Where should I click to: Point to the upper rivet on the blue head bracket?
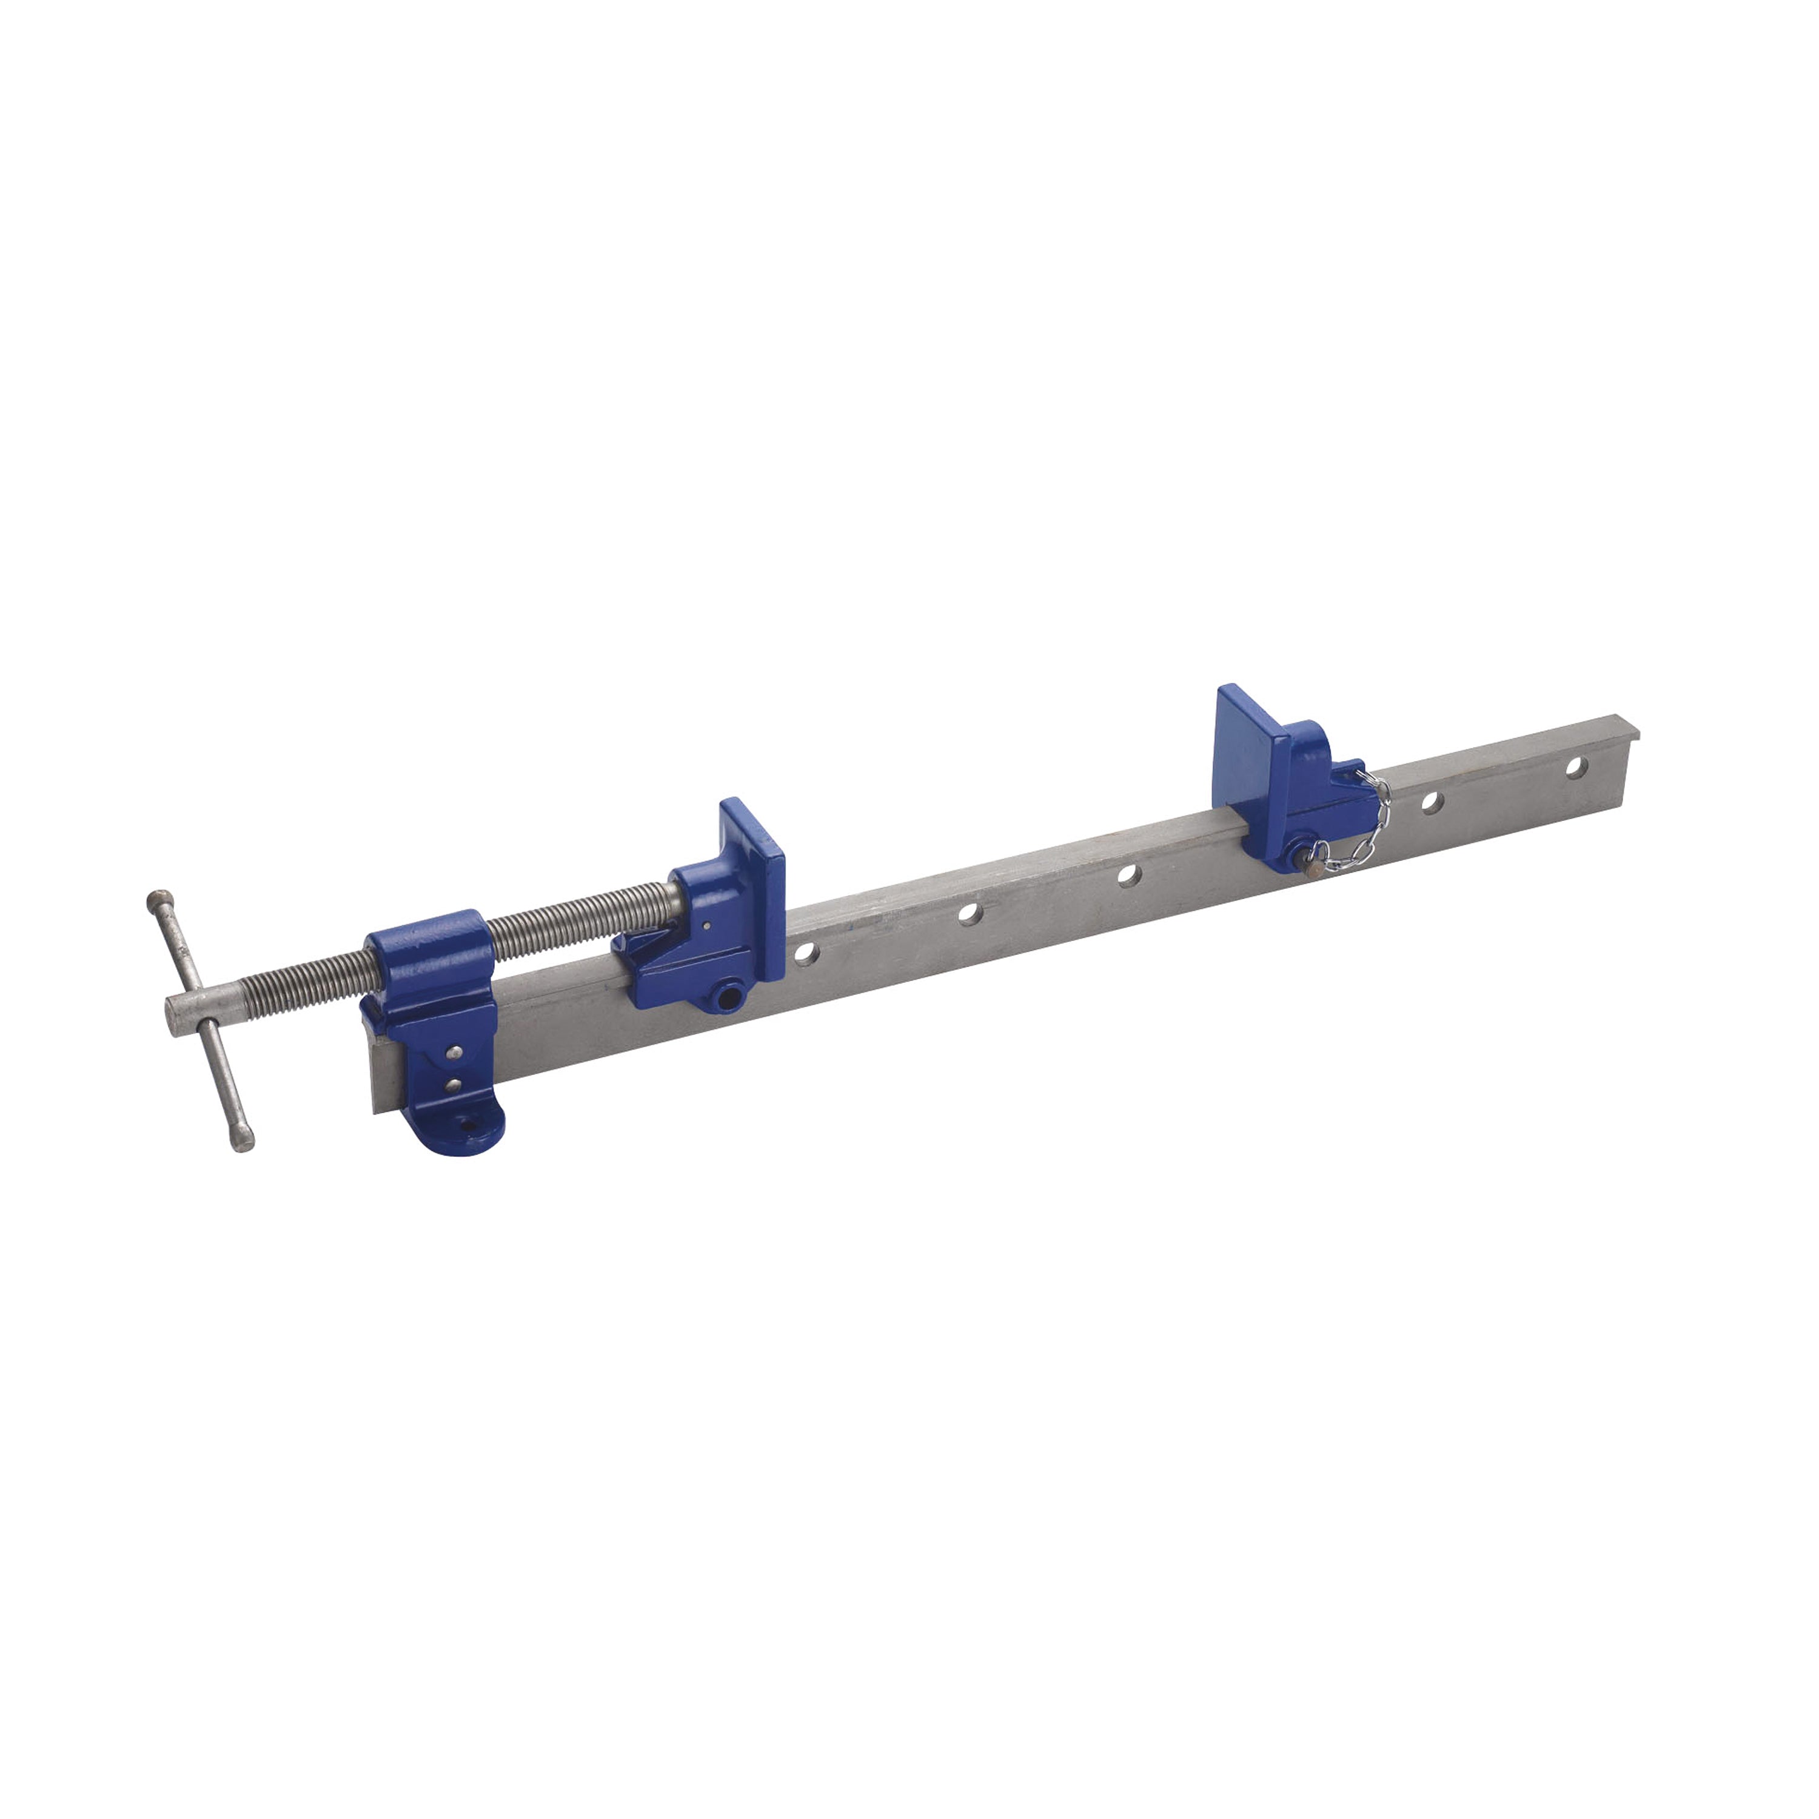455,1051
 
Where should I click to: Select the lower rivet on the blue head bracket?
454,1085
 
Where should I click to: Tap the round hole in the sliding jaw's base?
726,996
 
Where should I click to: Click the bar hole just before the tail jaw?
1127,875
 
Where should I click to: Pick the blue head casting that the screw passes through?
429,970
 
